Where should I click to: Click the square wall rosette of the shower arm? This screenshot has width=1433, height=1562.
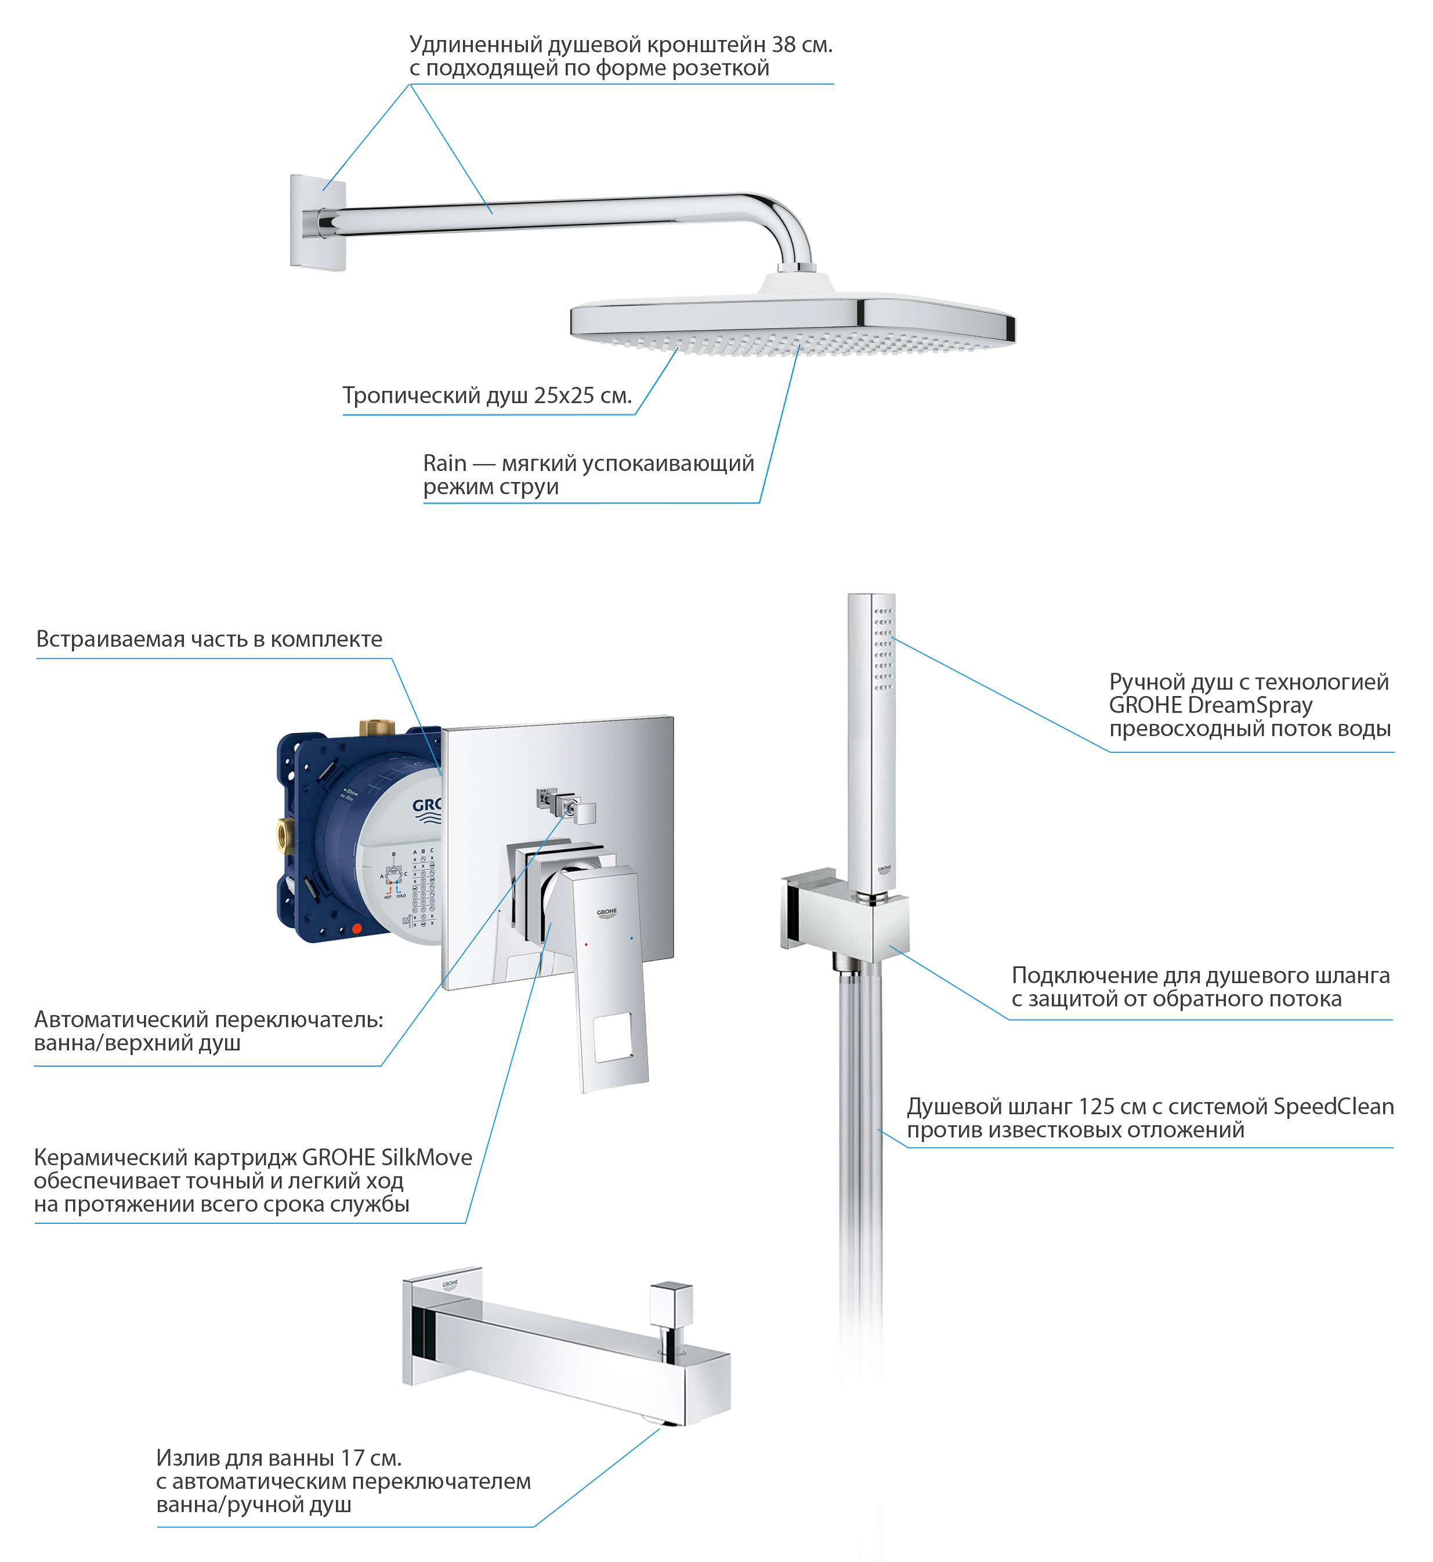tap(318, 223)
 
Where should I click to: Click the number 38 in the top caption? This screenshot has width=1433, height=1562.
tap(783, 45)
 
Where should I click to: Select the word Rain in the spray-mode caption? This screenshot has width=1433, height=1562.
tap(445, 463)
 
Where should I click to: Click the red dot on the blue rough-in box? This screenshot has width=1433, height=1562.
tap(357, 929)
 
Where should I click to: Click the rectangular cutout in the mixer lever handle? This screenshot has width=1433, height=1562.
tap(613, 1037)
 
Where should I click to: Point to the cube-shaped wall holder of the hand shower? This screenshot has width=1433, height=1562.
tap(845, 915)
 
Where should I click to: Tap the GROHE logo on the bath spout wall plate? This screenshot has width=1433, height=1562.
tap(450, 1285)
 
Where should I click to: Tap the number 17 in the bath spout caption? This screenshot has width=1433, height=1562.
tap(353, 1458)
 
